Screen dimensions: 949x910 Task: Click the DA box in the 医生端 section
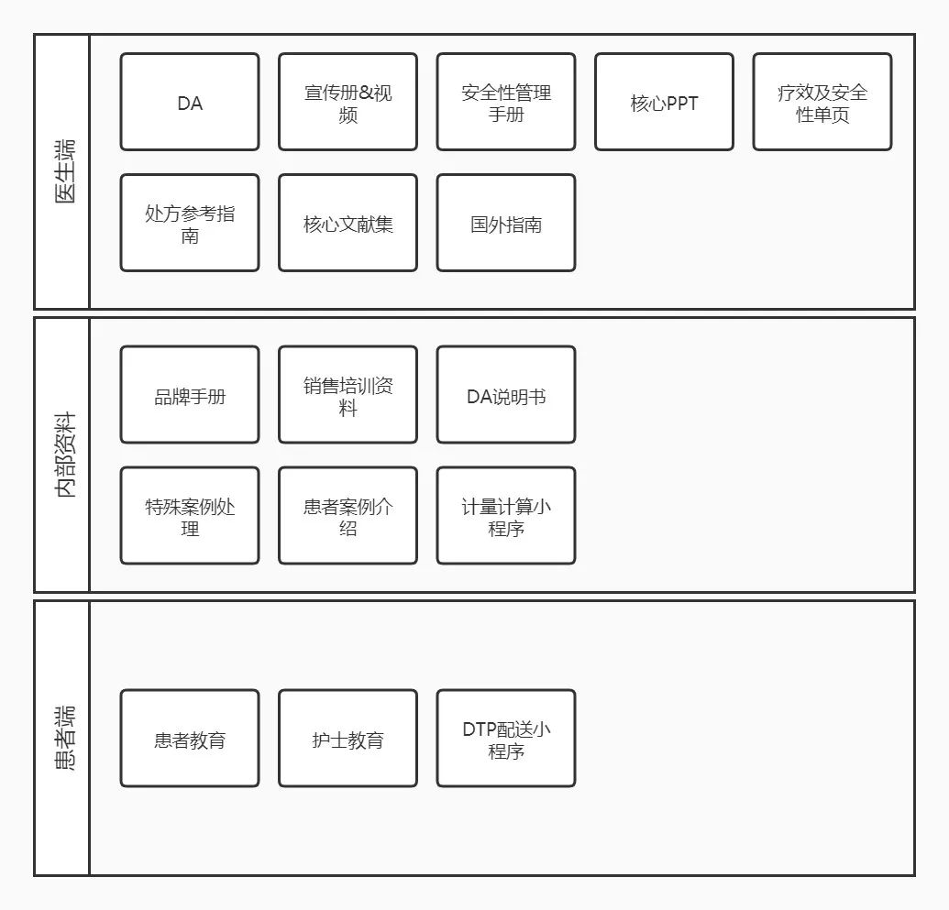click(x=190, y=102)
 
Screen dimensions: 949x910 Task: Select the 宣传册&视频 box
click(x=348, y=102)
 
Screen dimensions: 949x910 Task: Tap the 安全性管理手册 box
click(x=506, y=102)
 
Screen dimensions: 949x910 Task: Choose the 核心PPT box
click(x=664, y=102)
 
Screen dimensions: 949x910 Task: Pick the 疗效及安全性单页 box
click(x=822, y=102)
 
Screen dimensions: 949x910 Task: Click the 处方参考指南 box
click(x=190, y=223)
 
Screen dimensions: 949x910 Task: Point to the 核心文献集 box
click(x=348, y=223)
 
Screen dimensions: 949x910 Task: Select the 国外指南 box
click(x=506, y=223)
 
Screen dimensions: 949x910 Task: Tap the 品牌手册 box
click(x=190, y=394)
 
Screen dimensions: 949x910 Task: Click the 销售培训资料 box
click(x=348, y=394)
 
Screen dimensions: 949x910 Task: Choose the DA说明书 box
click(x=506, y=394)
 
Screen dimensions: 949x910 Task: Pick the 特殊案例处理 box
click(x=190, y=516)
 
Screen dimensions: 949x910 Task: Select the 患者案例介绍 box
click(x=348, y=516)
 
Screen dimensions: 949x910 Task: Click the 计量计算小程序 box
click(x=506, y=516)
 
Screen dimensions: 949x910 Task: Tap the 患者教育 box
click(x=190, y=738)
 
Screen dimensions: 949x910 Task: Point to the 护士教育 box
click(x=348, y=738)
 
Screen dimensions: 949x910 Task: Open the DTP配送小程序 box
click(x=506, y=738)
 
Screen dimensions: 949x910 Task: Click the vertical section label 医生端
click(x=65, y=171)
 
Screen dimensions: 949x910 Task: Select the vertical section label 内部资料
click(x=65, y=455)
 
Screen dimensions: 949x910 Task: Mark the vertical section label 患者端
click(x=65, y=738)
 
